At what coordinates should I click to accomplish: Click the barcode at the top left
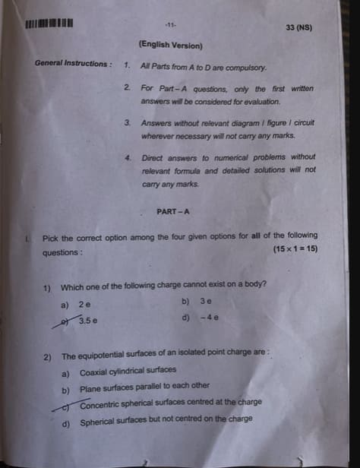(49, 21)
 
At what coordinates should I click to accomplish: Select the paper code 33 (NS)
(298, 28)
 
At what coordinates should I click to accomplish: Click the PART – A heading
(173, 212)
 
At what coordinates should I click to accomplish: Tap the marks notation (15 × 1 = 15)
(295, 250)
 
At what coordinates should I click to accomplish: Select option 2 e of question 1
(85, 305)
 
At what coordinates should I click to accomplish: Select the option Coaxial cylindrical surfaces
(128, 372)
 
